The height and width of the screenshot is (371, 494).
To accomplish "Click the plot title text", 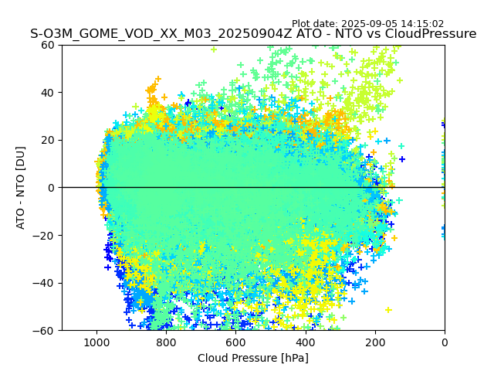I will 253,34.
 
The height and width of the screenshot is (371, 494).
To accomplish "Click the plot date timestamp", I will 367,24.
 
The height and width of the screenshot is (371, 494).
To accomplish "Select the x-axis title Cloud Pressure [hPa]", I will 253,358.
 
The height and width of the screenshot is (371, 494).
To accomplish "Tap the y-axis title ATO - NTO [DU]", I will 21,187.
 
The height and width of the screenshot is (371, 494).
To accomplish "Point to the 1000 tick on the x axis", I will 96,342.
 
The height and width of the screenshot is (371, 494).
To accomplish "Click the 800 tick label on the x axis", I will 166,342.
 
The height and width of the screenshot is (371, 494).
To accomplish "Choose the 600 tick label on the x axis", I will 235,342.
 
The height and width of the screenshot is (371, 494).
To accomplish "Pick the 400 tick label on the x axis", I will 306,342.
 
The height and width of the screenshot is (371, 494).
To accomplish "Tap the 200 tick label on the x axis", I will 375,342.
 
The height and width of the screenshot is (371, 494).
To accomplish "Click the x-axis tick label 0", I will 445,342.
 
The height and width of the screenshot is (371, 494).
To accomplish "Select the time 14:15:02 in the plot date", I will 422,24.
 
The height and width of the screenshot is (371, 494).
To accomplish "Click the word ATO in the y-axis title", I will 21,217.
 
